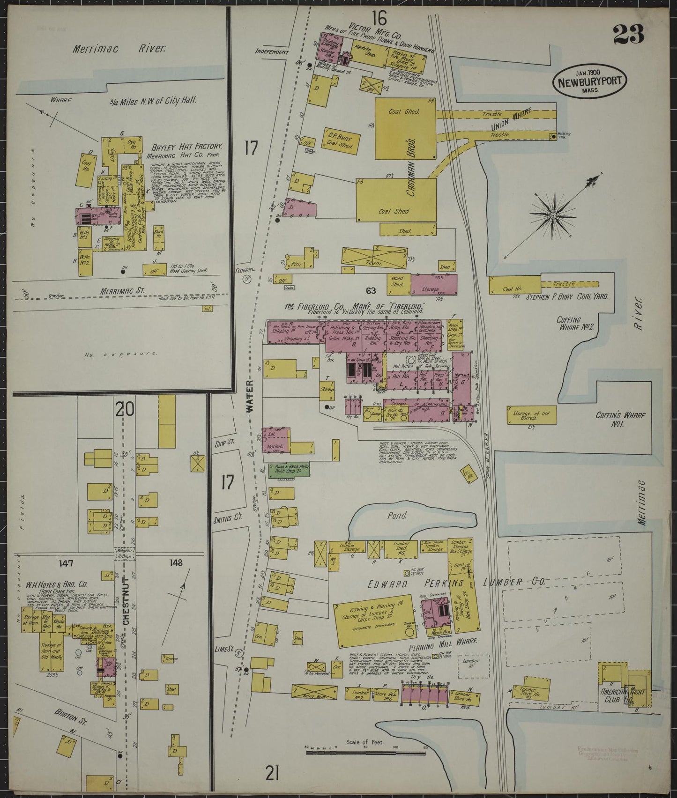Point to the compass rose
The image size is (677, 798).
pos(553,215)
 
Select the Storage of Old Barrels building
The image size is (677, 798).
pos(530,414)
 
